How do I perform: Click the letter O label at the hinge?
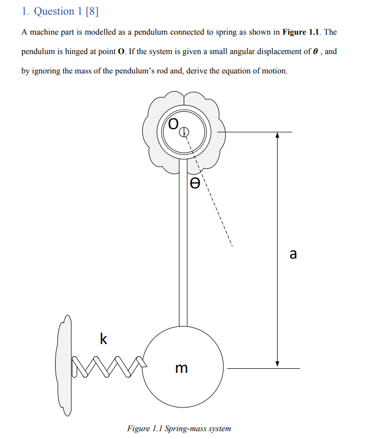173,124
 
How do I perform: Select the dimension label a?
293,254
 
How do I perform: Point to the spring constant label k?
103,339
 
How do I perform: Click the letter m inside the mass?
181,368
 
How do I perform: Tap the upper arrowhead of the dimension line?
278,135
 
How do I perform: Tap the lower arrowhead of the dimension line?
278,363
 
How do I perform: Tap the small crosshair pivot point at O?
183,133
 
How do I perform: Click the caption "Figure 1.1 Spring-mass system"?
179,429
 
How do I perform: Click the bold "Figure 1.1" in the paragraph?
302,32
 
